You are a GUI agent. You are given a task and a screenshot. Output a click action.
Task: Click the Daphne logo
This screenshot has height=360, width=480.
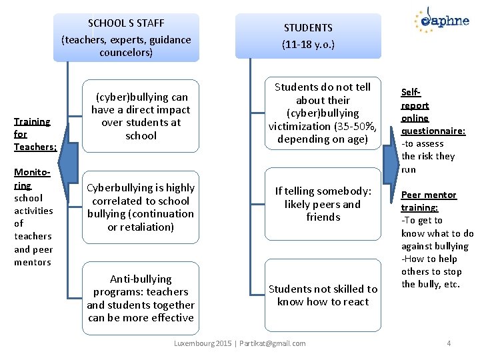(x=441, y=19)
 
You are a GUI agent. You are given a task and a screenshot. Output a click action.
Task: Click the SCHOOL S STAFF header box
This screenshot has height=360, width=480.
(x=126, y=37)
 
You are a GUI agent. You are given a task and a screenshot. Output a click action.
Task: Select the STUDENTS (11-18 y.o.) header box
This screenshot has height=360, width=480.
(x=308, y=37)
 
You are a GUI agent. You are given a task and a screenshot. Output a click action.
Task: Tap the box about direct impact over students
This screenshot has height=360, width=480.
(x=141, y=116)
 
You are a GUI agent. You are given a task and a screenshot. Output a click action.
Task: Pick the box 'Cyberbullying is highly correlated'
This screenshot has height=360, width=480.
(x=141, y=207)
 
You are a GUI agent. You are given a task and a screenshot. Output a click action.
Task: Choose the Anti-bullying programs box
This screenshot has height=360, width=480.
(x=141, y=298)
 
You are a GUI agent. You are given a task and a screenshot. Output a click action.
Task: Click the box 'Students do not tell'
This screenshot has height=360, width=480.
(x=323, y=113)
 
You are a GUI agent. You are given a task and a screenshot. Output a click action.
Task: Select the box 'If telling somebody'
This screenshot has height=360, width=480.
(x=323, y=204)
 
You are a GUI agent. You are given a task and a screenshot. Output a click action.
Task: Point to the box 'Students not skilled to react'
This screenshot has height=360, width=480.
(x=323, y=295)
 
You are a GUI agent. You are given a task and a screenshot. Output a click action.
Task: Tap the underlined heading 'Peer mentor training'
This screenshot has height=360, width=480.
(x=428, y=201)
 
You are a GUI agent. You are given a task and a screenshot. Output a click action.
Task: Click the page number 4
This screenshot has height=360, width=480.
(x=449, y=343)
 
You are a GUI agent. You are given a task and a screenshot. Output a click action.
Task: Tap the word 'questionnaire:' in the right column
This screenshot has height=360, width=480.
(x=433, y=131)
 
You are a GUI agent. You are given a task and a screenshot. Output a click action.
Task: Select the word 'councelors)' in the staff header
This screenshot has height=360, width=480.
(x=126, y=52)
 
